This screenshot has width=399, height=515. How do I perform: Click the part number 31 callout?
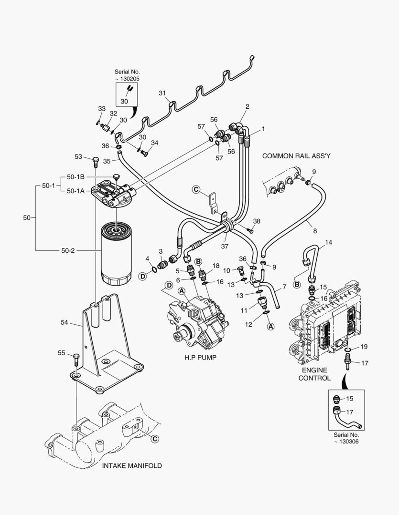coord(162,93)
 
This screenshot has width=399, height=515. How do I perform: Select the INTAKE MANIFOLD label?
coord(132,465)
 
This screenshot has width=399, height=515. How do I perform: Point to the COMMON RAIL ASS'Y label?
coord(297,156)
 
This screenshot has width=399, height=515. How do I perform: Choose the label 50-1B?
coord(75,177)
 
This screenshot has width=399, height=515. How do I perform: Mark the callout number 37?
coord(225,246)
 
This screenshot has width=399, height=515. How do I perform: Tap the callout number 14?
coord(328,242)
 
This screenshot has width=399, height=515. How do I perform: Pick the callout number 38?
coord(257,221)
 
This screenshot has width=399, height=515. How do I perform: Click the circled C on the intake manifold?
coord(155,438)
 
